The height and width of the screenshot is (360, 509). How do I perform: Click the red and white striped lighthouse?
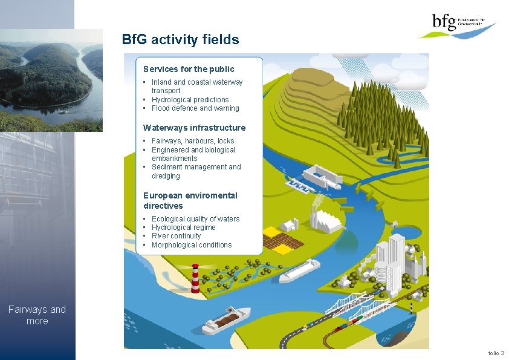point(195,279)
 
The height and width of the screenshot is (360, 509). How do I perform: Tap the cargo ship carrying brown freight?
point(226,321)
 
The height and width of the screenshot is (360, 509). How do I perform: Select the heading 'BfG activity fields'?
point(180,40)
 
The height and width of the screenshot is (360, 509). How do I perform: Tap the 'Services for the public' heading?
point(189,69)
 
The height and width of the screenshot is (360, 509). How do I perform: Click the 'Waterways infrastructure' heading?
point(194,128)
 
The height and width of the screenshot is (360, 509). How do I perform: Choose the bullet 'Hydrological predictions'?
point(190,99)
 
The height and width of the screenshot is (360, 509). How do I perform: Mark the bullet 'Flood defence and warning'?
point(195,108)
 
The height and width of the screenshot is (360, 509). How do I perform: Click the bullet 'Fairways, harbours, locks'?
point(193,141)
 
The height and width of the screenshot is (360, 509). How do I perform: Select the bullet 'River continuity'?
point(176,236)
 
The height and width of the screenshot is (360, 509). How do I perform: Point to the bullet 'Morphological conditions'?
point(191,245)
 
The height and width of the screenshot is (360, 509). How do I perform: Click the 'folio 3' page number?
point(496,353)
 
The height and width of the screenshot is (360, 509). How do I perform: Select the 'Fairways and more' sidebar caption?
point(37,315)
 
